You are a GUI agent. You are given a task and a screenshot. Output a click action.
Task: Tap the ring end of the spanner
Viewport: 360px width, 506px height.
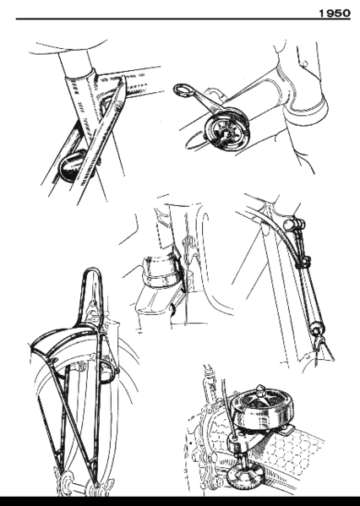[183, 89]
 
